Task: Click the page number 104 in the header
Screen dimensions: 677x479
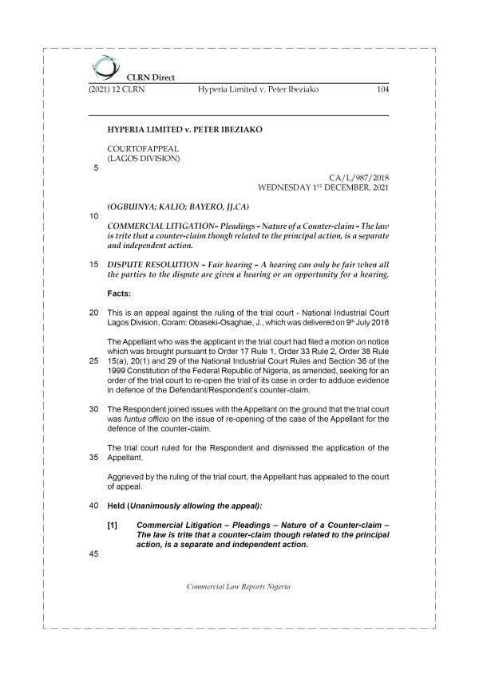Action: tap(382, 90)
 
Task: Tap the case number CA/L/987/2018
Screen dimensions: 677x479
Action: tap(358, 179)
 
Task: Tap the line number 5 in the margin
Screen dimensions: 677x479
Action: tap(97, 168)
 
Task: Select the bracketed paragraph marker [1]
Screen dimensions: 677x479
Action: tap(113, 525)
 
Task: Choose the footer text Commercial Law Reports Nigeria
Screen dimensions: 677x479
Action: tap(238, 586)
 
